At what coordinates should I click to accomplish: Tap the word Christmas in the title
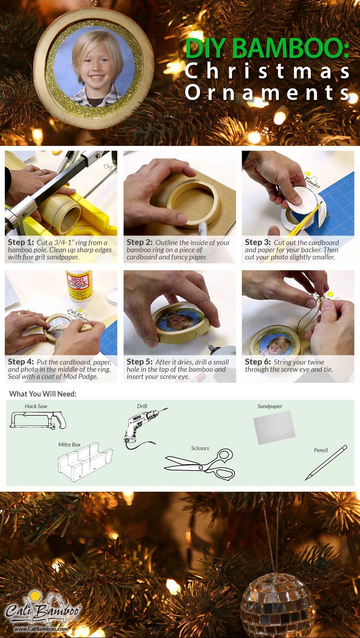coord(267,71)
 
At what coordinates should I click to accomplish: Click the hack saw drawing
coord(38,420)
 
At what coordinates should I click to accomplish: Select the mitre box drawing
coord(85,462)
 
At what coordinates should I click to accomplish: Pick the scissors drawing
coord(200,464)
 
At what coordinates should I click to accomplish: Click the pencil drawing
coord(326,463)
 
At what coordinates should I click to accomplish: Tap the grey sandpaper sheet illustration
coord(274,427)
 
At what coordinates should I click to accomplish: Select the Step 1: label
coord(21,242)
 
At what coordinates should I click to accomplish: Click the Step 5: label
coord(140,362)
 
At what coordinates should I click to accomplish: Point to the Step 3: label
coord(258,242)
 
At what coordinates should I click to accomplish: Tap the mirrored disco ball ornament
coord(278,605)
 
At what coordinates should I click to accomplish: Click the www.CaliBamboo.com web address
coord(41,628)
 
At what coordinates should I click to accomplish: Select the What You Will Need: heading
coord(43,394)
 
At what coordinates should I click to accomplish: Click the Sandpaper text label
coord(270,406)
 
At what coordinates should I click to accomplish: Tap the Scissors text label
coord(200,448)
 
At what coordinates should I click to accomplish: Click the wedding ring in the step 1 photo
coord(42,172)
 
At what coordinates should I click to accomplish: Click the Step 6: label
coord(258,362)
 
